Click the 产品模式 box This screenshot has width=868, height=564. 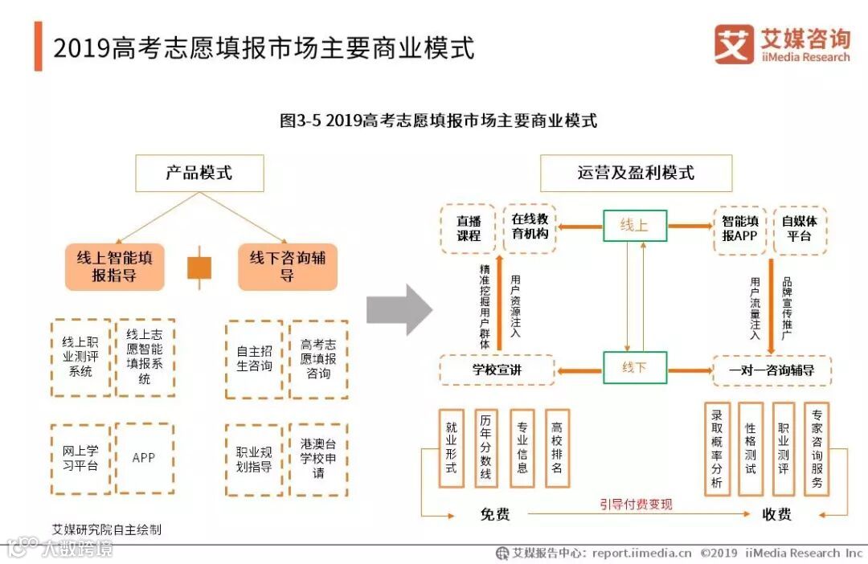[199, 173]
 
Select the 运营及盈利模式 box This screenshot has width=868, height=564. [636, 173]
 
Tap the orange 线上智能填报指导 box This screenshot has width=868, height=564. [115, 266]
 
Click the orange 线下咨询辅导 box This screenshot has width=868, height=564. [287, 266]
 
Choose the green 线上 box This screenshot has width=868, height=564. [635, 226]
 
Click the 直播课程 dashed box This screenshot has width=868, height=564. [468, 228]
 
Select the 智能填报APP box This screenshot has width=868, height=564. [739, 228]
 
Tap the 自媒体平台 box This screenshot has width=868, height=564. [800, 228]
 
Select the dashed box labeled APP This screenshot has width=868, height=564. [145, 458]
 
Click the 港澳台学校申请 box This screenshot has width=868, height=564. [318, 458]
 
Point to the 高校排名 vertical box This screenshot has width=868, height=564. [557, 448]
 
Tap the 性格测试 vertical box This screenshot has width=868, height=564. [750, 448]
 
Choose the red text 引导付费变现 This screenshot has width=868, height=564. [636, 505]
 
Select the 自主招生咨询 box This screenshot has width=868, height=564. [254, 359]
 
